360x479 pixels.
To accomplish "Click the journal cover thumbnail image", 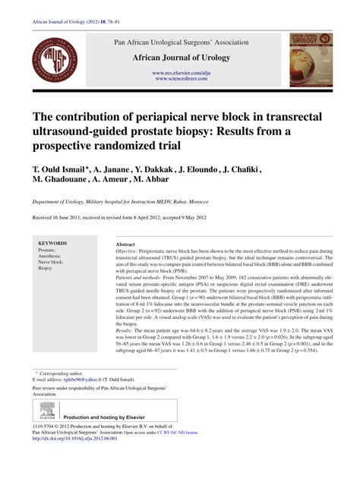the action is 311,59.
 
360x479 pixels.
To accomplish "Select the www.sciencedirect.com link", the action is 182,79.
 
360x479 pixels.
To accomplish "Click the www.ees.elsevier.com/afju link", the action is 182,72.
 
